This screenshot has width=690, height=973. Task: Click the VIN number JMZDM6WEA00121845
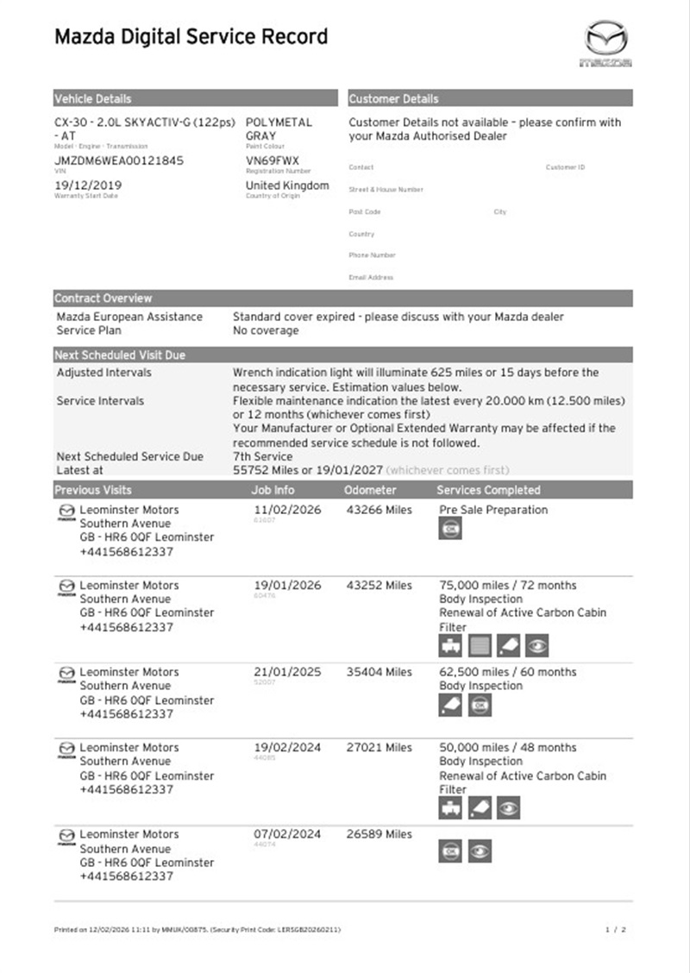point(119,160)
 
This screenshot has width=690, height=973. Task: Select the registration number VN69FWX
point(273,160)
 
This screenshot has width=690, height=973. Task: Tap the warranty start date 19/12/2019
point(88,185)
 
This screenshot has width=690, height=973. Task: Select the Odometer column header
point(370,490)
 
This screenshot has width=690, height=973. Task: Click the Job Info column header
point(273,490)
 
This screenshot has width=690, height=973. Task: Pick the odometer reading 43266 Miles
point(378,510)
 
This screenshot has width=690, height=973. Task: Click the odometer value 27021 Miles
point(378,748)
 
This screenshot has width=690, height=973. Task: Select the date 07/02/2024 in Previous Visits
point(287,834)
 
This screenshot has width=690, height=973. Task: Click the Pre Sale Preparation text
point(493,510)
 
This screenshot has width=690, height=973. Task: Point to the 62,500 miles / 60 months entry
point(508,672)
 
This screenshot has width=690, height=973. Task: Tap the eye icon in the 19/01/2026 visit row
point(536,645)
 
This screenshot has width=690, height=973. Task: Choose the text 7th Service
point(262,456)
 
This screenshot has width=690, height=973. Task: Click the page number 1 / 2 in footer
point(616,929)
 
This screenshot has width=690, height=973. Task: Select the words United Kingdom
point(287,185)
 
